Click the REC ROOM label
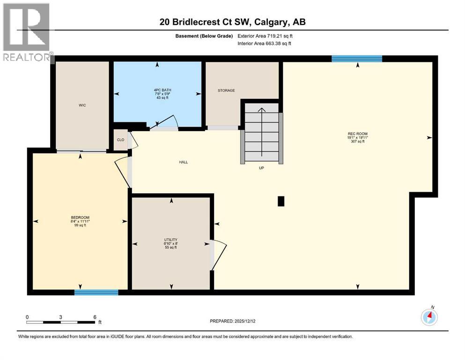tap(357, 134)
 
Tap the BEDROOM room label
tap(80, 217)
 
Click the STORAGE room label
tap(226, 90)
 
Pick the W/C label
tap(82, 105)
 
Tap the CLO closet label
tap(120, 140)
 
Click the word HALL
tap(183, 162)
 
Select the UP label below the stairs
tap(261, 168)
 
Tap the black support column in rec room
tap(281, 201)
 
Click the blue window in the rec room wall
tap(357, 59)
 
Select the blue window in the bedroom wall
tap(96, 292)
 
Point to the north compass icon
tap(429, 317)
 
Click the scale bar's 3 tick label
tap(61, 317)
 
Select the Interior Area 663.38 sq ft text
tap(264, 44)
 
